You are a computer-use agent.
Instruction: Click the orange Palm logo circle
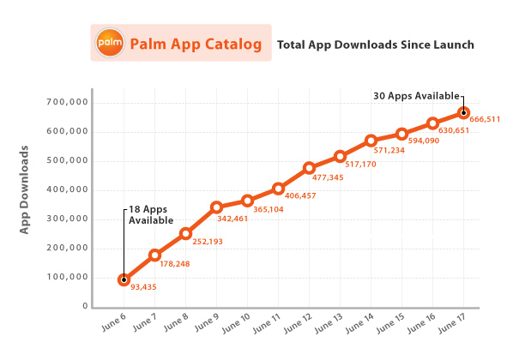click(x=110, y=42)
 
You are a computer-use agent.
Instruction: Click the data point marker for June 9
click(x=217, y=207)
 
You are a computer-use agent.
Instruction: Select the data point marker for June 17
click(x=464, y=112)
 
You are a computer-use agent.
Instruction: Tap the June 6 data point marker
click(x=124, y=279)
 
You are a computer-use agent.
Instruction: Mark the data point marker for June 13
click(x=341, y=157)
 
